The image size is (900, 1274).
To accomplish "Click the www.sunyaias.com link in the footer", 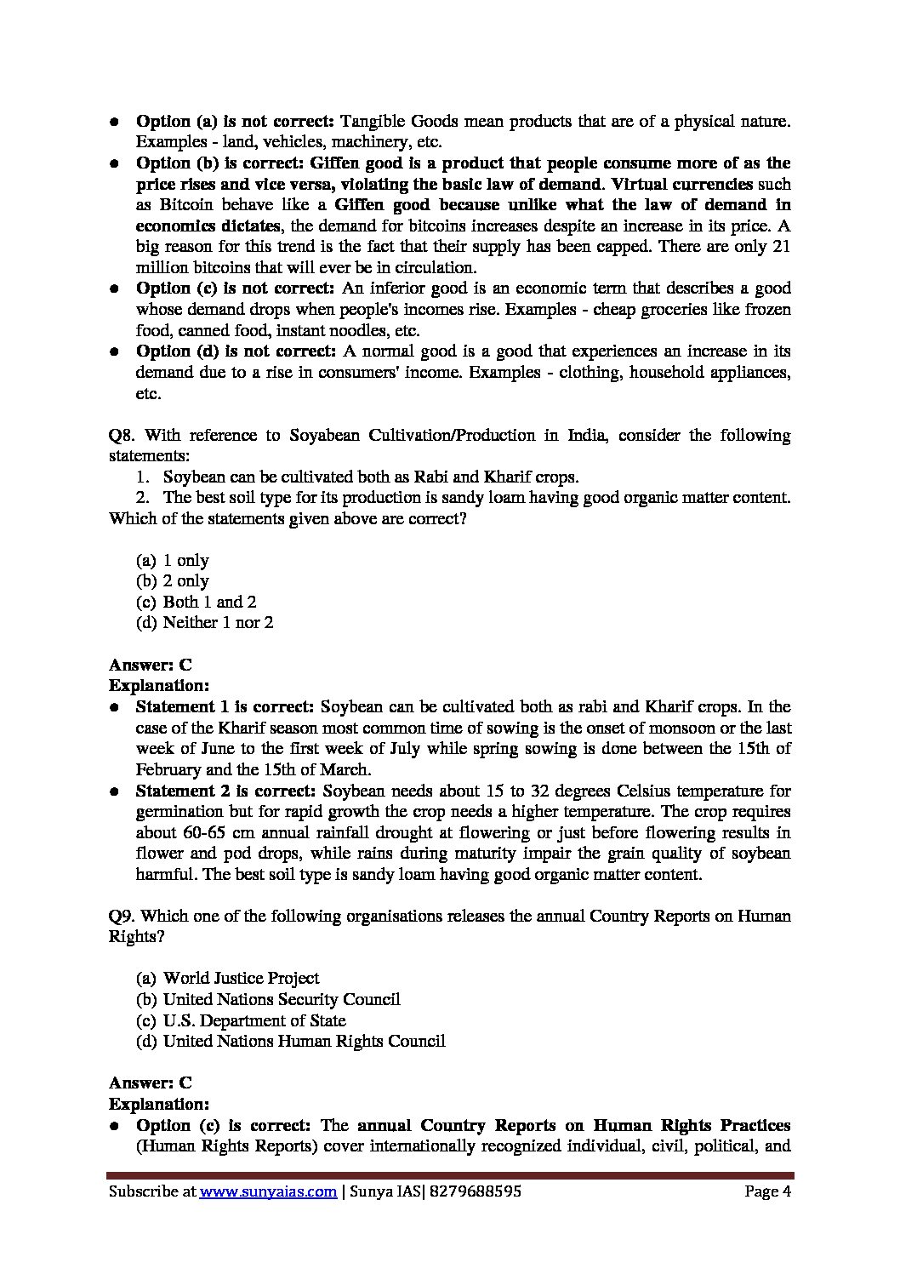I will coord(268,1191).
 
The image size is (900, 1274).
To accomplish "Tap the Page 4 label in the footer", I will coord(767,1191).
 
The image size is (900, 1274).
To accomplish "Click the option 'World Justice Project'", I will coord(241,979).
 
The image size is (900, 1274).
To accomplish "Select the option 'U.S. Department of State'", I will coord(254,1020).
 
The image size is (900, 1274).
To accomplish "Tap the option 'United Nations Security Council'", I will coord(281,999).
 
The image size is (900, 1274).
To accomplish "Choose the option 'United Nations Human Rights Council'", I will coord(304,1041).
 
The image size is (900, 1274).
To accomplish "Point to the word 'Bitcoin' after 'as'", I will coord(184,205).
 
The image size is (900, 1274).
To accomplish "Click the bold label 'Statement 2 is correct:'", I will coord(225,791).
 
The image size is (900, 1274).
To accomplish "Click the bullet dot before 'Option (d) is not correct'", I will coord(114,352).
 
